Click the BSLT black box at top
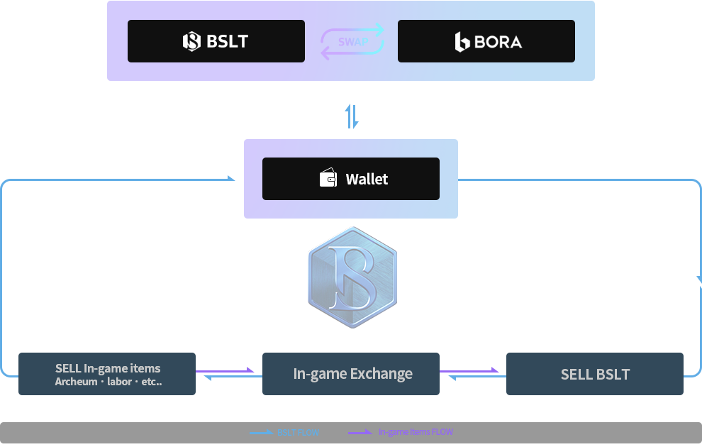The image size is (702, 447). tap(216, 41)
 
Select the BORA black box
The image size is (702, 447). tap(486, 41)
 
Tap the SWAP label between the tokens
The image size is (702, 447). tap(352, 42)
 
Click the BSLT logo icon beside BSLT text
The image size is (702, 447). tap(191, 41)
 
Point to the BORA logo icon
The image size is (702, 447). tap(462, 42)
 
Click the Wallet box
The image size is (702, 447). tap(351, 179)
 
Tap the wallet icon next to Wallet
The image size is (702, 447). tap(328, 179)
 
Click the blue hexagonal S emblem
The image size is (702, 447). tap(352, 277)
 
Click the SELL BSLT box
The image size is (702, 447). tap(594, 373)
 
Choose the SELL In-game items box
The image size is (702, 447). tap(106, 373)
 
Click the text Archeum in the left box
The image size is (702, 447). tap(76, 382)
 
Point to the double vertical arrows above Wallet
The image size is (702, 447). tap(352, 116)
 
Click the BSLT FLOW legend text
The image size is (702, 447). tap(298, 432)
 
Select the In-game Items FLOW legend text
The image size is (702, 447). tap(416, 432)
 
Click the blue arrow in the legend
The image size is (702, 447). tap(261, 432)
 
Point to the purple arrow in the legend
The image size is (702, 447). tap(360, 432)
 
